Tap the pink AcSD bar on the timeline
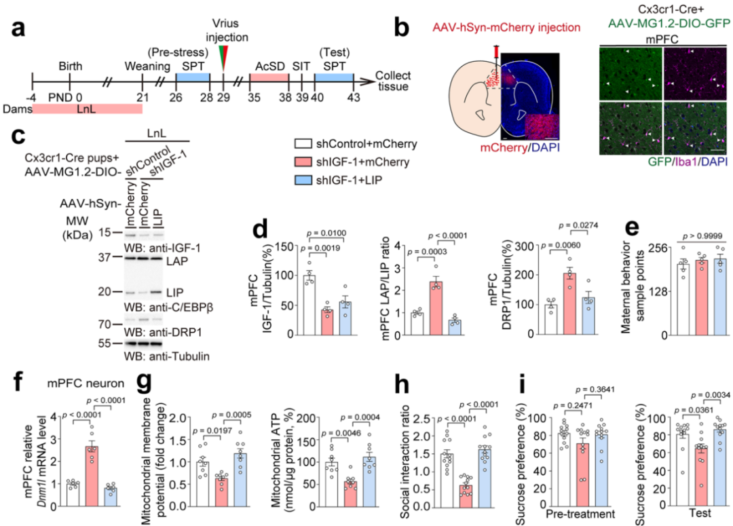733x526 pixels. pyautogui.click(x=269, y=79)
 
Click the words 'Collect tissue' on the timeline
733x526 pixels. pyautogui.click(x=393, y=83)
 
